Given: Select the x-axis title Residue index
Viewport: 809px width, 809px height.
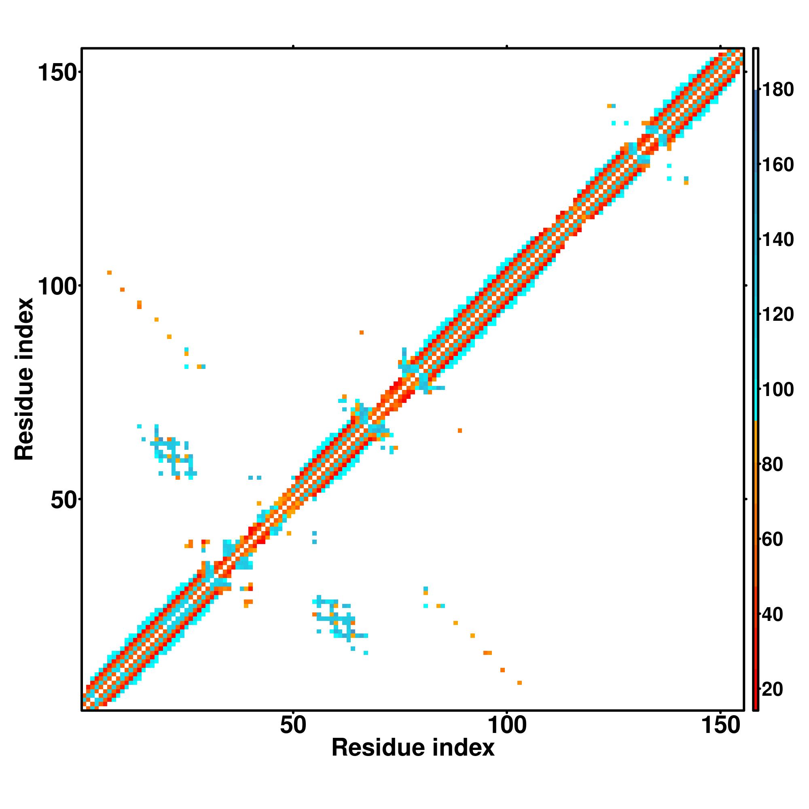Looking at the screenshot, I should click(x=413, y=748).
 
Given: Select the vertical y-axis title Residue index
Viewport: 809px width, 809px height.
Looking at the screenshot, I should click(x=24, y=379).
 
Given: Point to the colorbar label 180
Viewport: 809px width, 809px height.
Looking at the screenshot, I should click(x=777, y=90).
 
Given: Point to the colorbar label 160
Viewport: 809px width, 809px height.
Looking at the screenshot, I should click(x=777, y=165).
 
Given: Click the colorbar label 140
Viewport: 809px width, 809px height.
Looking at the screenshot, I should click(x=777, y=240).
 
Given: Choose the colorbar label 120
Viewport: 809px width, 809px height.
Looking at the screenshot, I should click(x=777, y=315).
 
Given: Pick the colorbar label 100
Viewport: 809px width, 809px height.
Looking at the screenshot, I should click(x=777, y=390).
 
